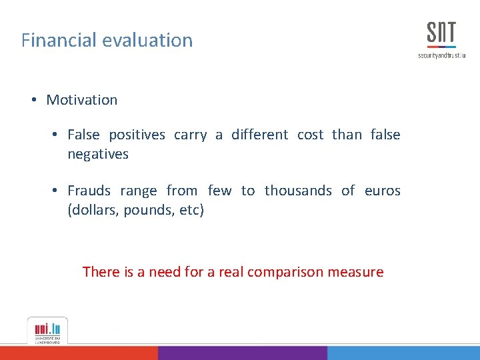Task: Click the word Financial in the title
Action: point(59,40)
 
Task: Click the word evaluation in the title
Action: point(148,40)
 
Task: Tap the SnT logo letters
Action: point(441,33)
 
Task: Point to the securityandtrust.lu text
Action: point(441,55)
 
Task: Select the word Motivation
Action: point(81,100)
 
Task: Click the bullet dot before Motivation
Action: point(33,100)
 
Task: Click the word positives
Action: point(137,135)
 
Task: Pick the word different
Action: point(260,135)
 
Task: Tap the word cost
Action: point(310,135)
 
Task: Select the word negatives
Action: point(98,154)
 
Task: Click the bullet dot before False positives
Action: point(55,135)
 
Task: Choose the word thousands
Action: point(298,191)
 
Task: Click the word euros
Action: point(383,191)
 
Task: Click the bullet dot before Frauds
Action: point(55,191)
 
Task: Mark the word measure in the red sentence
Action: point(359,272)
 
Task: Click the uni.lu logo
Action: point(47,330)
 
